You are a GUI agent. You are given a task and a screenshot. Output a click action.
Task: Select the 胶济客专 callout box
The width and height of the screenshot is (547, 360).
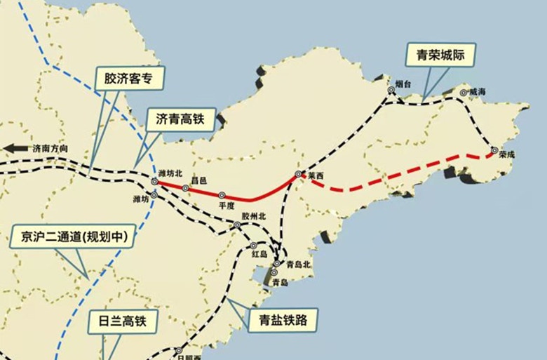pos(129,79)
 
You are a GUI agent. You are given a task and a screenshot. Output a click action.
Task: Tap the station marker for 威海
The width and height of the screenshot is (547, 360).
pos(463,93)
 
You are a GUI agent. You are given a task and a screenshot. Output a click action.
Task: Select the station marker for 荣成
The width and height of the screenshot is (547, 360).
pos(495,149)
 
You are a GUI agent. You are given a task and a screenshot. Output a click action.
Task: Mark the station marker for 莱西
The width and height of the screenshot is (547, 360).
pos(298,174)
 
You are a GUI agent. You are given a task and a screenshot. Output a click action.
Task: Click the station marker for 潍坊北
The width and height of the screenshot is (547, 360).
pos(154,181)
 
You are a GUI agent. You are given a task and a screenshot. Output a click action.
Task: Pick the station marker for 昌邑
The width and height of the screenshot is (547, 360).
pos(186,188)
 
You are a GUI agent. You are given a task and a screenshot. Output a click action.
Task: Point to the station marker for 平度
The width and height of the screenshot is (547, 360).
pos(222,196)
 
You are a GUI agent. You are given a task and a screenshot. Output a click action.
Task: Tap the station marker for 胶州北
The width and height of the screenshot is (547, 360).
pos(237,225)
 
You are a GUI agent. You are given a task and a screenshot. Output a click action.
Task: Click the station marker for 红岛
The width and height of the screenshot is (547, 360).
pos(253,246)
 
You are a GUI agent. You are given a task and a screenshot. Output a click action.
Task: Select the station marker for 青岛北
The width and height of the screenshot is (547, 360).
pos(277,264)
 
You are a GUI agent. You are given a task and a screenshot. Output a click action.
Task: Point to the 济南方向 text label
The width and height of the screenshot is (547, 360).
pos(52,149)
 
